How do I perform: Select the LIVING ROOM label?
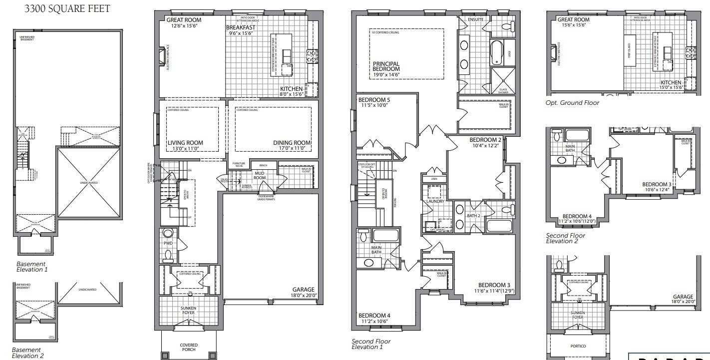coord(185,143)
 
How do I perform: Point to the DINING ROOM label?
coord(292,143)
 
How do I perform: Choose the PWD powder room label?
coord(168,244)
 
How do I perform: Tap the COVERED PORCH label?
coord(189,347)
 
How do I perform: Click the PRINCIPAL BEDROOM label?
coord(386,66)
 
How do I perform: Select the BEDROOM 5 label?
coord(374,100)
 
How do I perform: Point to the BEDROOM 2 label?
coord(485,140)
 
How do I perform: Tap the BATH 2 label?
coord(473,216)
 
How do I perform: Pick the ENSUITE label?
coord(475,19)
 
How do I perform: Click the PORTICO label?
coord(577,346)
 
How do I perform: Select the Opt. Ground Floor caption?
coord(572,103)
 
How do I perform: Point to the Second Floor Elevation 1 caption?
coord(371,344)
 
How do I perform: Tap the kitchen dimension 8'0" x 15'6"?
coord(291,94)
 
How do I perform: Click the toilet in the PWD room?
coord(168,256)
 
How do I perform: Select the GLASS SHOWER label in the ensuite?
coord(503,91)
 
